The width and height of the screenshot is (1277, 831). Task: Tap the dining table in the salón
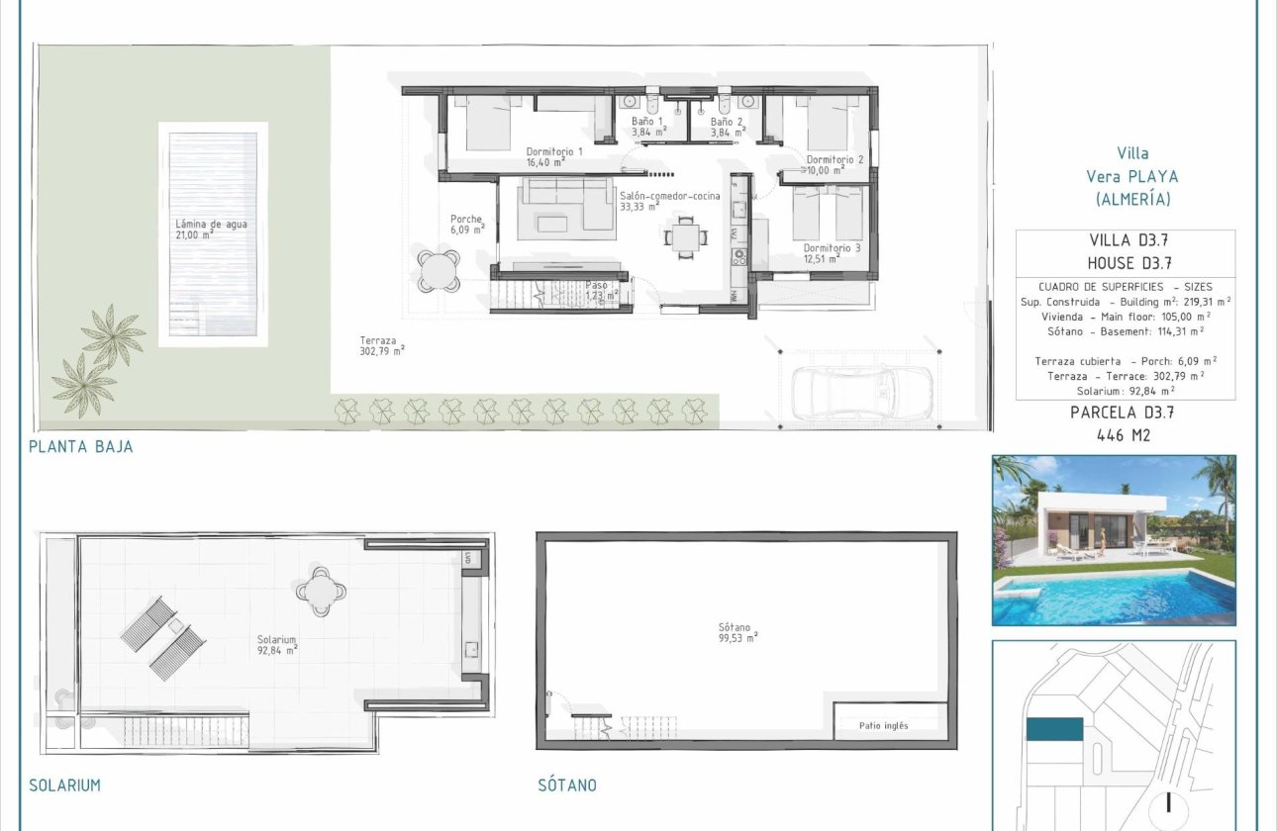(x=685, y=234)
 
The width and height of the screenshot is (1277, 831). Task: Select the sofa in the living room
(x=567, y=203)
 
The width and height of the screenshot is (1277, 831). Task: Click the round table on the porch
(x=438, y=268)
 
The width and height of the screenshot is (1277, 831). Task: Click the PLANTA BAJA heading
(x=81, y=446)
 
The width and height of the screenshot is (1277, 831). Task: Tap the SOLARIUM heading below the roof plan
(x=65, y=785)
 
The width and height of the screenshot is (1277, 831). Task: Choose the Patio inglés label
(x=883, y=726)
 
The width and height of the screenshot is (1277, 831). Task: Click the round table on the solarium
(x=322, y=591)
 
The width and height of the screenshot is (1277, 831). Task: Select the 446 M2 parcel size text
(x=1125, y=434)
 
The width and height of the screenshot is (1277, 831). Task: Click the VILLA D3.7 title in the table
(x=1126, y=240)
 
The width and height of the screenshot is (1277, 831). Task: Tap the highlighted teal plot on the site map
(x=1055, y=729)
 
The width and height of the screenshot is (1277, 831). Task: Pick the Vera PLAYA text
(x=1132, y=176)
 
